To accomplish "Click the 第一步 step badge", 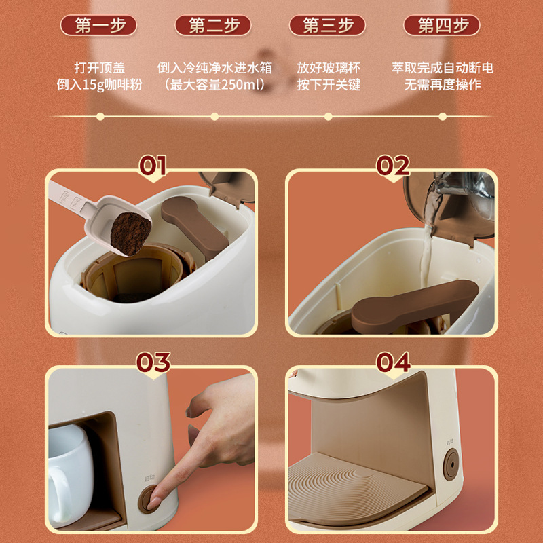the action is pyautogui.click(x=98, y=25).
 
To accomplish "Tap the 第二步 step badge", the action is pyautogui.click(x=213, y=25).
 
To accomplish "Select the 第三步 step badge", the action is pyautogui.click(x=327, y=25).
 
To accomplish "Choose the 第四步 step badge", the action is pyautogui.click(x=442, y=25).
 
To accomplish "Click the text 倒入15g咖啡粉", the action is pyautogui.click(x=99, y=84).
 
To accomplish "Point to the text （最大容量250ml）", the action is pyautogui.click(x=214, y=84).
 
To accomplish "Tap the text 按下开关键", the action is pyautogui.click(x=329, y=84).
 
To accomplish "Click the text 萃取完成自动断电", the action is pyautogui.click(x=443, y=68).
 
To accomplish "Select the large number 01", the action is pyautogui.click(x=152, y=166).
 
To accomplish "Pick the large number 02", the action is pyautogui.click(x=393, y=166).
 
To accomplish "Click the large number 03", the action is pyautogui.click(x=153, y=362).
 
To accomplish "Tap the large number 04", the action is pyautogui.click(x=394, y=362).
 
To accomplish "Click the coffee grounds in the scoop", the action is pyautogui.click(x=130, y=233).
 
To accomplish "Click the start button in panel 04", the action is pyautogui.click(x=451, y=464).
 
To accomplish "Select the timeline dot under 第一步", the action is pyautogui.click(x=100, y=117).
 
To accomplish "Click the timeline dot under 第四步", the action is pyautogui.click(x=443, y=117).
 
